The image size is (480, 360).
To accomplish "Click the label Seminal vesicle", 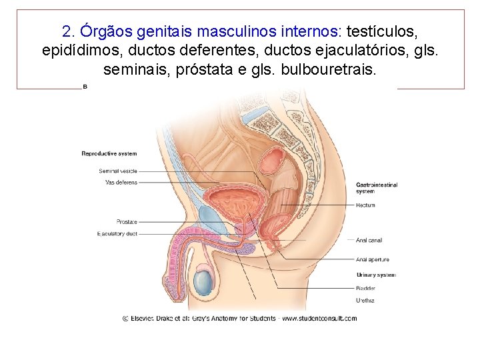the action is coord(118,171).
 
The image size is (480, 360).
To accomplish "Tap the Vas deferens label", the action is coord(121,182).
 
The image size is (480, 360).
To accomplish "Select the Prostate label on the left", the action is coord(127,222).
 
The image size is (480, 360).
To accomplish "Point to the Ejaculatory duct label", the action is coord(117,234).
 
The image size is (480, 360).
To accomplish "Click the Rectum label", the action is coord(365,205).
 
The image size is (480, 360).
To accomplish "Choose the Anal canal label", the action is coord(369,240).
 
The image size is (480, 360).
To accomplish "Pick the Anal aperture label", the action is coord(373,259).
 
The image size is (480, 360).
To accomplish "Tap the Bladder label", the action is coord(365,288).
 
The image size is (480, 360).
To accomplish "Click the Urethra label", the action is coord(365,301).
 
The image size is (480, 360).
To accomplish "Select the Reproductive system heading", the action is coord(109,154).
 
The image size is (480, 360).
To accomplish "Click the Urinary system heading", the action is coord(375,275).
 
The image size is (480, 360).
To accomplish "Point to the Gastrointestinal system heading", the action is coord(376,187).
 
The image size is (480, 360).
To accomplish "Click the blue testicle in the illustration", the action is coord(204,283).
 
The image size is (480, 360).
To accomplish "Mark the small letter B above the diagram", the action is coord(85,87).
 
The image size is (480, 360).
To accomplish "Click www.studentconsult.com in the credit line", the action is coord(319,318).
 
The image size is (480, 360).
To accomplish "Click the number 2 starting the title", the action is coord(66,31).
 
